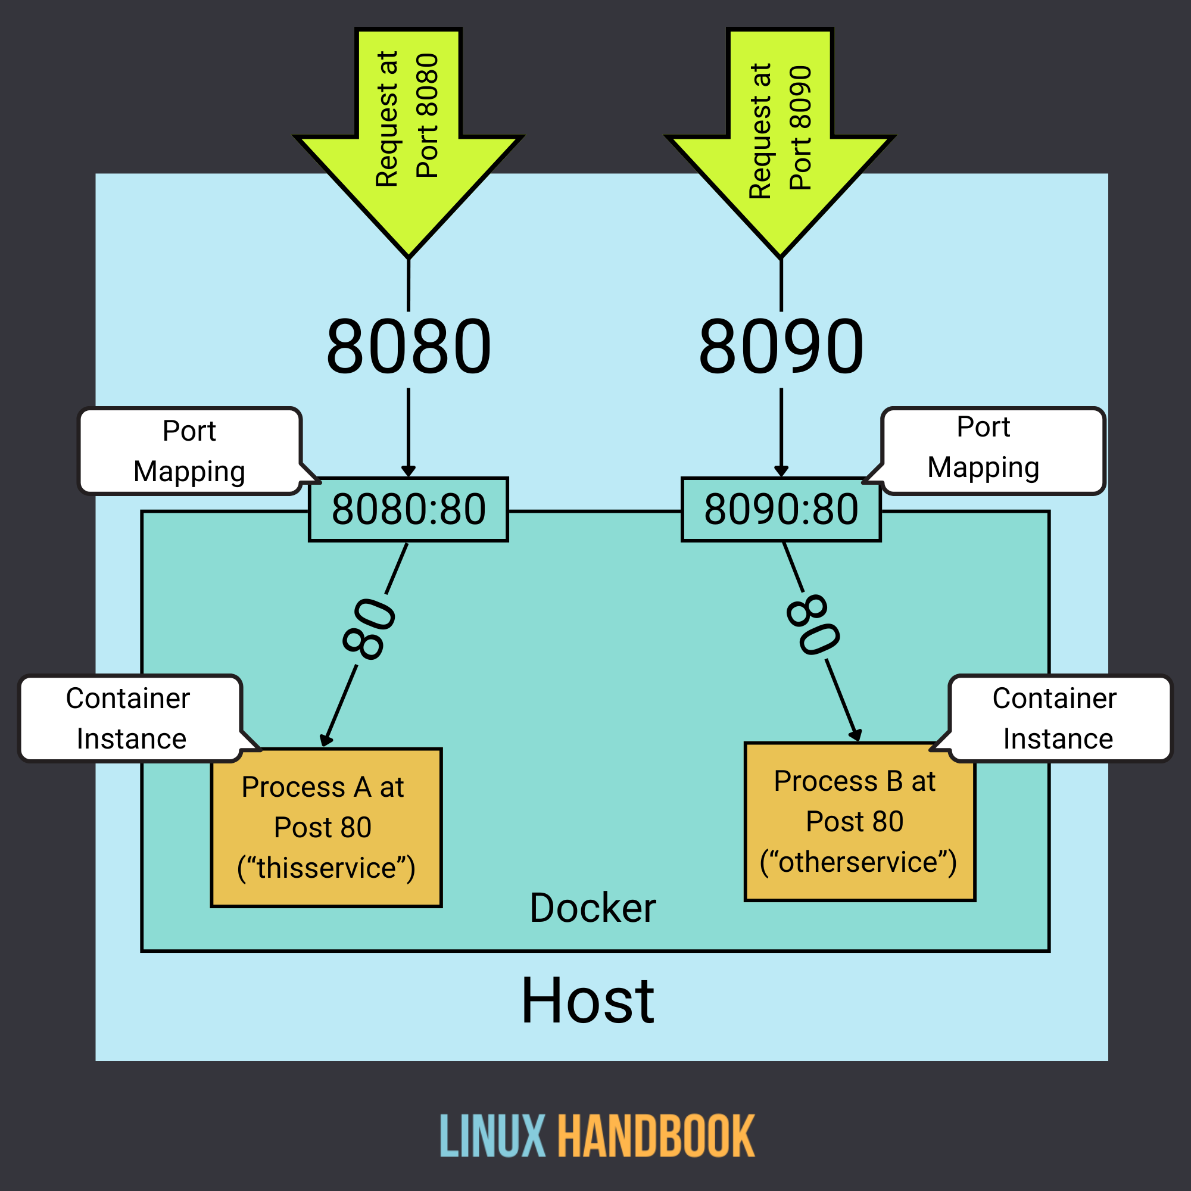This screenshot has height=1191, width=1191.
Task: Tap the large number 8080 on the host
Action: coord(408,347)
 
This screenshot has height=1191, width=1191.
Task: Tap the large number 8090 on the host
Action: coord(781,347)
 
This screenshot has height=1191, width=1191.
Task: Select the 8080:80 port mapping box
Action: coord(408,510)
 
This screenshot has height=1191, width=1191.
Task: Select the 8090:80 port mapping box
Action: coord(781,510)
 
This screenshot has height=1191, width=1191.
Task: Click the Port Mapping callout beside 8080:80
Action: coord(189,451)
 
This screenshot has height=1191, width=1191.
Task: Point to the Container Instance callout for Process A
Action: coord(129,718)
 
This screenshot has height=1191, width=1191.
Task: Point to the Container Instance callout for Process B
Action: coord(1059,718)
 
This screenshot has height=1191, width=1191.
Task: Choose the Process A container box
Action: coord(326,827)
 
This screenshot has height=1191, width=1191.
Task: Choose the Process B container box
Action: coord(859,822)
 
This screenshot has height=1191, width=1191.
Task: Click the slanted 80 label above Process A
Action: coord(369,629)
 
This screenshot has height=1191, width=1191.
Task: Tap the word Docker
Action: coord(593,908)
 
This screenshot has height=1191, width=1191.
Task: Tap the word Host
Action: coord(588,1002)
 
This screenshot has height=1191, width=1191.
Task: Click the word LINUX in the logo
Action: coord(492,1136)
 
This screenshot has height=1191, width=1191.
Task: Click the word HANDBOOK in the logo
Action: coord(656,1136)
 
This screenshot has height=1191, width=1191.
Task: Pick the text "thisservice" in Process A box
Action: coord(326,868)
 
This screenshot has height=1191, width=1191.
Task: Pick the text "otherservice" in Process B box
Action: coord(858,862)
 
